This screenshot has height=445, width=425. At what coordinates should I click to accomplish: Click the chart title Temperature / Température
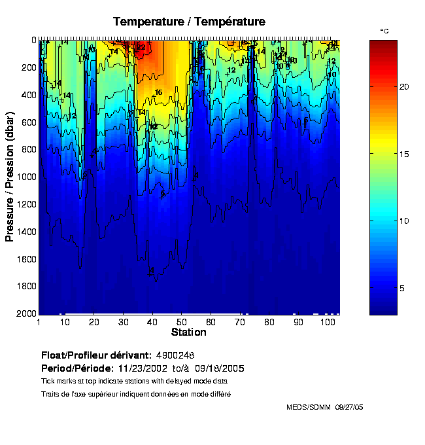[x=189, y=22]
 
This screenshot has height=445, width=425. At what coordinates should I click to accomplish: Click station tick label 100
[x=326, y=322]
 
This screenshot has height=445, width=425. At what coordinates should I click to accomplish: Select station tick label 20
[x=94, y=322]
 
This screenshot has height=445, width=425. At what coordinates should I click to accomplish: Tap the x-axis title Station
[x=188, y=332]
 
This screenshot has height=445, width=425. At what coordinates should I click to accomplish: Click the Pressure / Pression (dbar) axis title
[x=10, y=177]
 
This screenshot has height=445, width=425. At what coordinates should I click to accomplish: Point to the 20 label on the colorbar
[x=404, y=86]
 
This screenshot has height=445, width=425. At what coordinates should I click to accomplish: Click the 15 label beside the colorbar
[x=404, y=154]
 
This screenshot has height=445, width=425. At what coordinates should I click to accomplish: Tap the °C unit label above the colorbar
[x=384, y=31]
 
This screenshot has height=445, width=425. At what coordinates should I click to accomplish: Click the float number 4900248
[x=177, y=355]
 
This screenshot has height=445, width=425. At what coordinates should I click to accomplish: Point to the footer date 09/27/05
[x=348, y=407]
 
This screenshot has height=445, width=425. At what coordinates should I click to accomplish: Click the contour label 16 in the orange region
[x=158, y=93]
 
